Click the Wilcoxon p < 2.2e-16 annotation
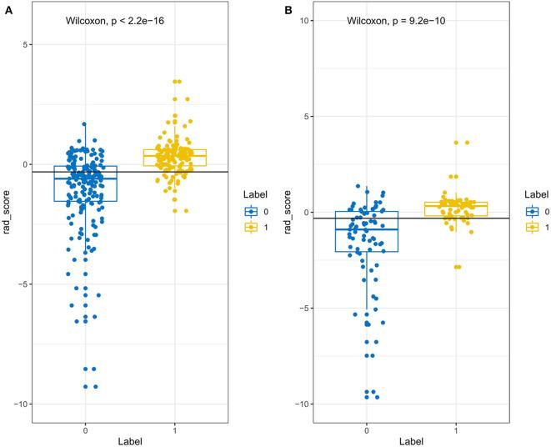(x=114, y=20)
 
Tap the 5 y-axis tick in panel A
(x=28, y=44)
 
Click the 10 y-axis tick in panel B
(x=308, y=20)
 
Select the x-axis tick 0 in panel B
(x=367, y=424)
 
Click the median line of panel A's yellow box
(x=174, y=156)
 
